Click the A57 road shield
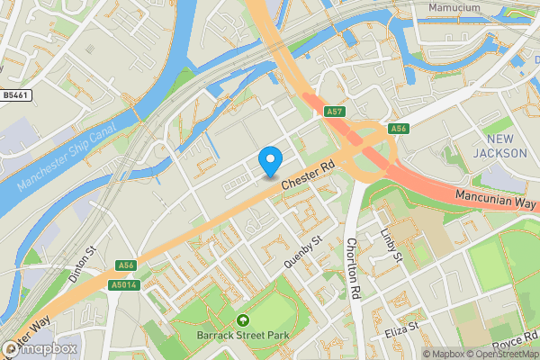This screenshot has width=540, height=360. [x=335, y=112]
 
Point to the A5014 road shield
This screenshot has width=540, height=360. [x=124, y=285]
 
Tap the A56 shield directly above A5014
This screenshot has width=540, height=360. [x=125, y=265]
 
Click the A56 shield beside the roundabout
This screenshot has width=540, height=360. [x=396, y=130]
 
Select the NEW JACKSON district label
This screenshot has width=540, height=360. [x=506, y=146]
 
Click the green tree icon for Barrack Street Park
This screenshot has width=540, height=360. [x=241, y=320]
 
